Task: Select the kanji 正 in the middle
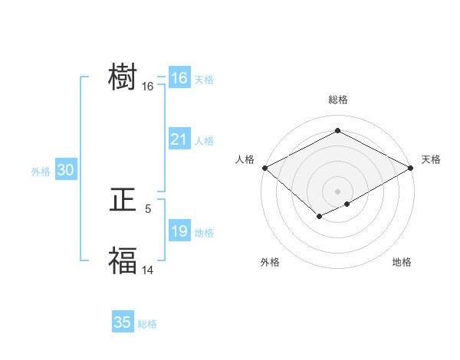(x=123, y=201)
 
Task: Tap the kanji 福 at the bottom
(x=123, y=260)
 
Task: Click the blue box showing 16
(x=179, y=78)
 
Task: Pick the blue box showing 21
(x=179, y=139)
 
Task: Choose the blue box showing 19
(x=179, y=231)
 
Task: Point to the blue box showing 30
(x=65, y=171)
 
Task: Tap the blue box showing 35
(x=122, y=322)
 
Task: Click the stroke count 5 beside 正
(x=148, y=208)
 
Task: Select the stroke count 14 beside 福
(x=148, y=269)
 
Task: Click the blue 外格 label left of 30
(x=41, y=172)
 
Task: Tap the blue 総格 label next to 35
(x=147, y=324)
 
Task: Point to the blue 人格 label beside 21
(x=204, y=141)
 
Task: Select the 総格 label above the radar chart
(x=337, y=100)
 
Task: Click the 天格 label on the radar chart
(x=431, y=159)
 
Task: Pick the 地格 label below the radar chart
(x=402, y=262)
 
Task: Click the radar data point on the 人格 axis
(x=264, y=168)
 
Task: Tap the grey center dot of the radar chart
(x=337, y=191)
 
